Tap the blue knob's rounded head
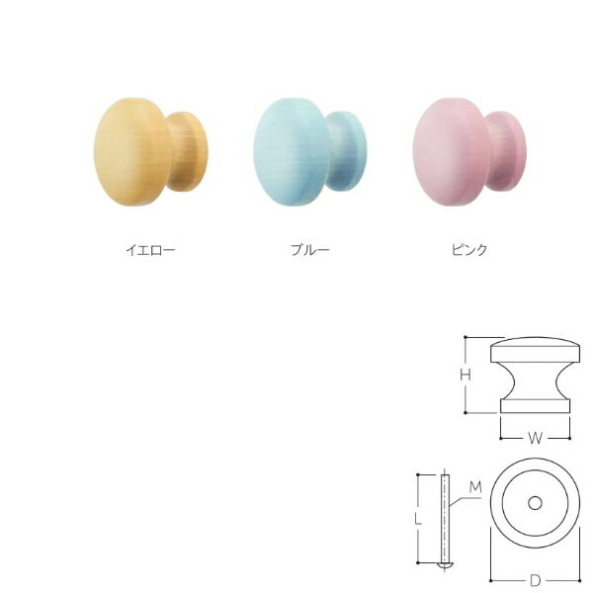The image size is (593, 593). coord(290,152)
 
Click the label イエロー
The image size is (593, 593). coord(150,250)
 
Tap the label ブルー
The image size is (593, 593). coord(310,250)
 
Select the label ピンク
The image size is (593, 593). coord(469,250)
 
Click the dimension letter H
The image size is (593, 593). coord(466,375)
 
